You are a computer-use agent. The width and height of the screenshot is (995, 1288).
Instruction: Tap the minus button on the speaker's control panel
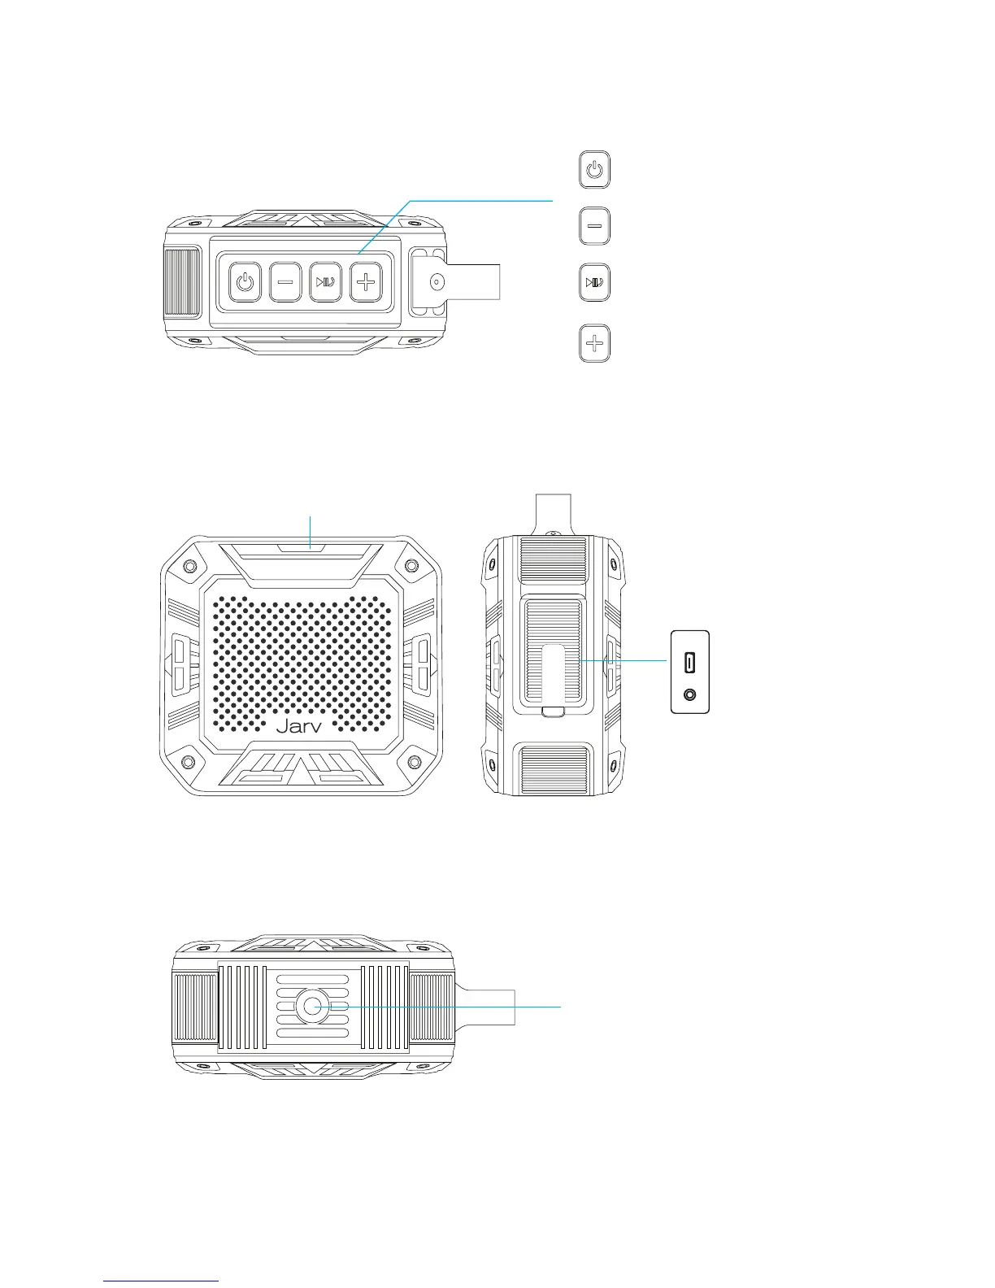coord(285,283)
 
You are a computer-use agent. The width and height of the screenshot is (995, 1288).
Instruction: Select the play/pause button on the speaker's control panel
coord(325,283)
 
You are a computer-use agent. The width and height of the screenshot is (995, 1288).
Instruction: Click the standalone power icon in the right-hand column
coord(595,170)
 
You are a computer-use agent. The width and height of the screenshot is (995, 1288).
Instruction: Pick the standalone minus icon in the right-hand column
coord(595,226)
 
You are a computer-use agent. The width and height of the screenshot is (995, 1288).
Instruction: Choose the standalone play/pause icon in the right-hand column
coord(595,283)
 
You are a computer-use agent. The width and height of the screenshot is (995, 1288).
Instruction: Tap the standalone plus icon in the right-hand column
coord(595,343)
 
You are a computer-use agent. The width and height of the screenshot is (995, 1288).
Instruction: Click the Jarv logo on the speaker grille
coord(299,726)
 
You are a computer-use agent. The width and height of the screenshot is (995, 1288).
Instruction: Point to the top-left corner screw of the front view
coord(189,566)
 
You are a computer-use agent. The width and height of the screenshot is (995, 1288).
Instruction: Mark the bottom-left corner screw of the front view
coord(189,762)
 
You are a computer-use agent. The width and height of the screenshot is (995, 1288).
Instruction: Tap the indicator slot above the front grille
coord(302,548)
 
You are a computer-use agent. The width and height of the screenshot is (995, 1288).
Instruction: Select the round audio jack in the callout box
coord(690,695)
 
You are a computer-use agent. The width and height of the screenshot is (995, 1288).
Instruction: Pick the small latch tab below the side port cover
coord(553,712)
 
